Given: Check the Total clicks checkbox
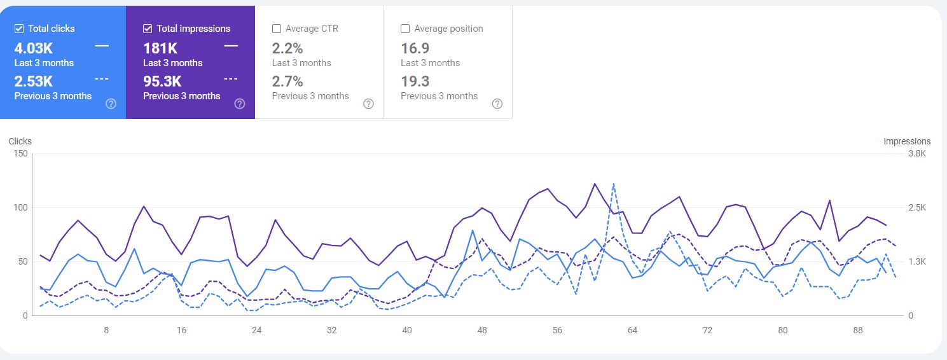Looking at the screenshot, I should pos(19,29).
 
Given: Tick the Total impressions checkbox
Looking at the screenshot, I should pos(148,29).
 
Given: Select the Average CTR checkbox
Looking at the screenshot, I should pos(277,29).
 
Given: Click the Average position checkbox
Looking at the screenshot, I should pos(405,29).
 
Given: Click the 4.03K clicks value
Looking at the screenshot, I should pos(33,48).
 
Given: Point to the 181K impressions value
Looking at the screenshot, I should pos(160,48).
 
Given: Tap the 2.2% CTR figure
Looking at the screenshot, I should pos(287,48).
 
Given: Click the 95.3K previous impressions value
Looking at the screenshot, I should pos(162,81).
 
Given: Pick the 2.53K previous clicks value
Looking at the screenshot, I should pos(33,81).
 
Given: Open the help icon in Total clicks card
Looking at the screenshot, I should pos(111,104).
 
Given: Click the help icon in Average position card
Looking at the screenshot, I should pos(497,104).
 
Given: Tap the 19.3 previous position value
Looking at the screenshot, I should pos(415,81).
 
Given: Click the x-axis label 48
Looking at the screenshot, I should pos(482,331).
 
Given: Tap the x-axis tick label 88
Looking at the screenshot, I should pos(858,331).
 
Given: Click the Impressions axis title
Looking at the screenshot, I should pos(907,141).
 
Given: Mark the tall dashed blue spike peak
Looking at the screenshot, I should pos(614,184).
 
